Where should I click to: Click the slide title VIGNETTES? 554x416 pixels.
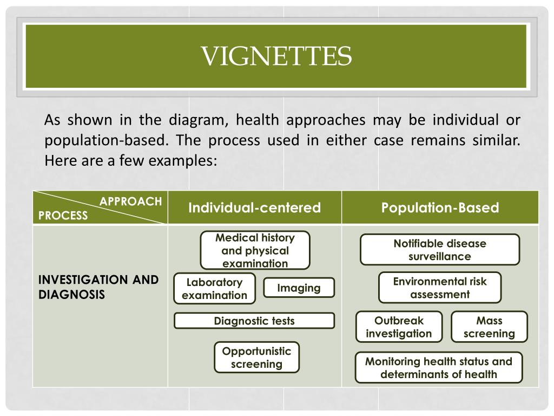[276, 56]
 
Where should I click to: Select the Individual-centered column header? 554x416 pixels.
[254, 208]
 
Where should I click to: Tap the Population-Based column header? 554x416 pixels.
[440, 208]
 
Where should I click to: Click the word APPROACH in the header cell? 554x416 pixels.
[130, 201]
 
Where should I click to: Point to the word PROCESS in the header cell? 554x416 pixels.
[63, 216]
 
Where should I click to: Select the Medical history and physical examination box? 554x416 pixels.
[255, 251]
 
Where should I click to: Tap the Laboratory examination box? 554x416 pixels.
[215, 289]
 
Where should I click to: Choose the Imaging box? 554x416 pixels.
[299, 288]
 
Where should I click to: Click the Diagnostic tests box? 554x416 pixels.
[254, 321]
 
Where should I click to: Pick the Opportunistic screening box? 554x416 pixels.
[256, 357]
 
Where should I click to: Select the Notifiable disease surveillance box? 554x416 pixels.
[439, 250]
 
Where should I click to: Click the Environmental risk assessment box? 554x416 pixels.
[439, 288]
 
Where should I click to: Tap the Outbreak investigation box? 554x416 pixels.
[399, 327]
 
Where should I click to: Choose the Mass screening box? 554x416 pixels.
[489, 327]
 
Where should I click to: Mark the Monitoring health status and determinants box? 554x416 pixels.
[438, 368]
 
